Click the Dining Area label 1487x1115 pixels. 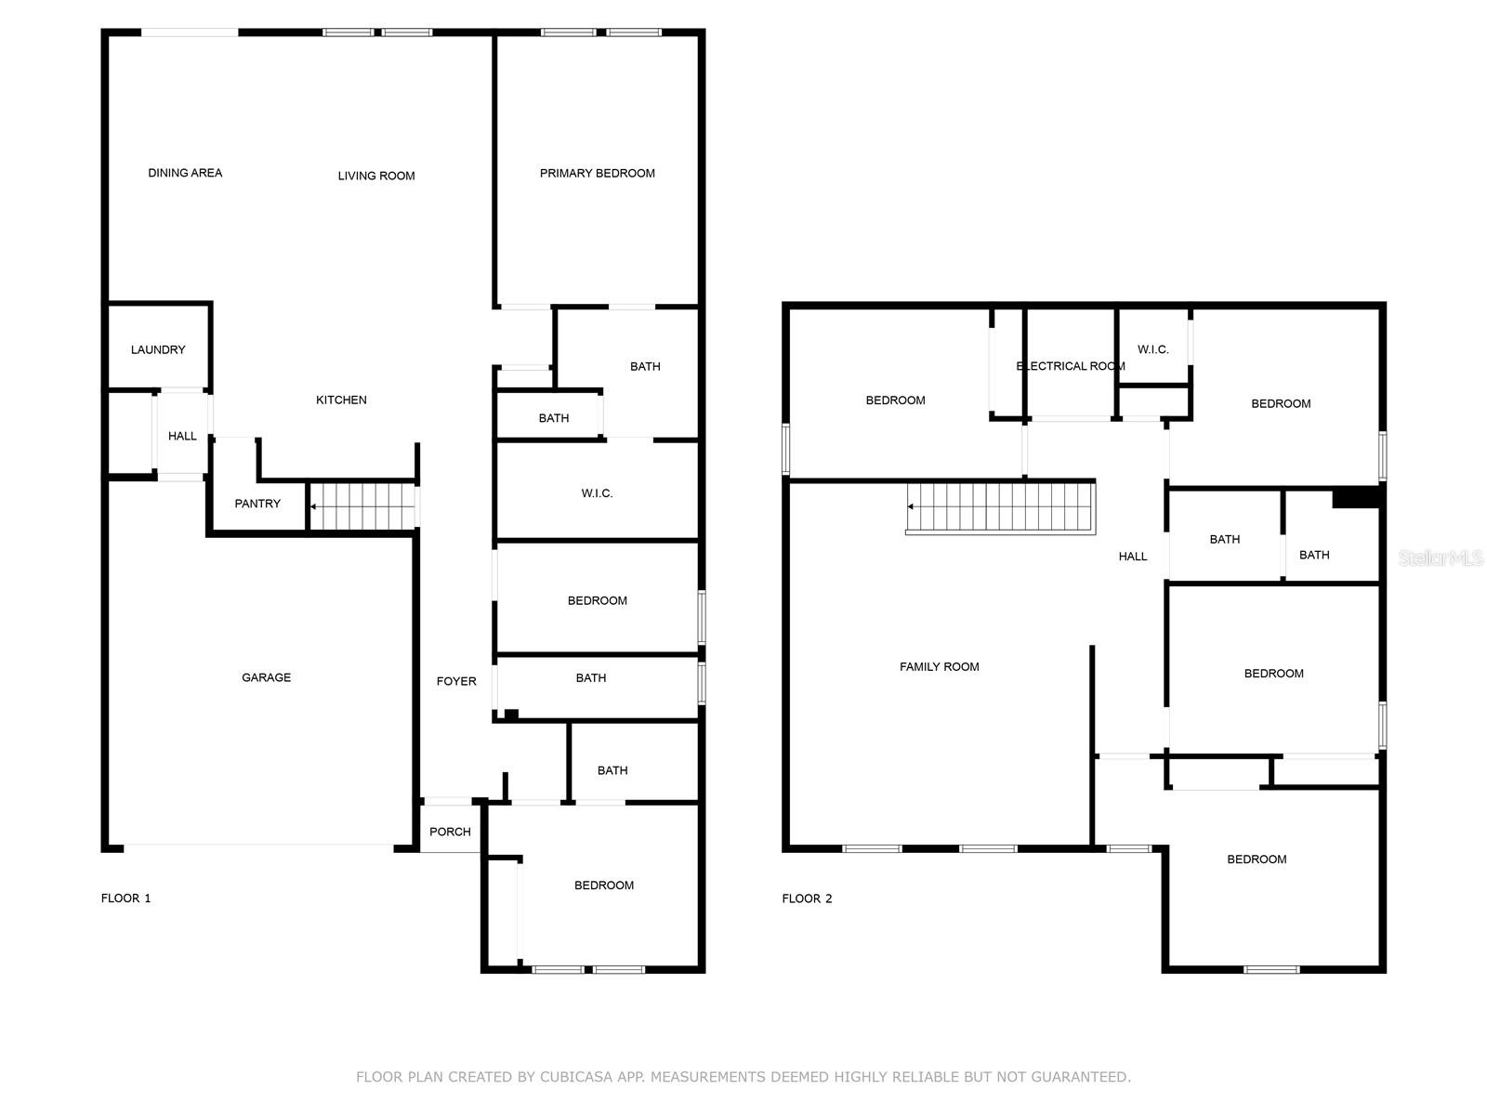pyautogui.click(x=185, y=173)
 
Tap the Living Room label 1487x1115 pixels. pyautogui.click(x=376, y=176)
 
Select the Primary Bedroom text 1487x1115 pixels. pyautogui.click(x=597, y=174)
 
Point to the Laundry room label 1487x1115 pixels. pyautogui.click(x=158, y=349)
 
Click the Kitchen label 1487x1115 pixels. pyautogui.click(x=341, y=400)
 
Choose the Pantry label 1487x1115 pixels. pyautogui.click(x=257, y=504)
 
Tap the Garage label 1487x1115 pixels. pyautogui.click(x=266, y=677)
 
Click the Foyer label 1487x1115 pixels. pyautogui.click(x=456, y=681)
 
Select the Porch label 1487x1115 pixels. pyautogui.click(x=450, y=832)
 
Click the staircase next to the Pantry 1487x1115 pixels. pyautogui.click(x=362, y=506)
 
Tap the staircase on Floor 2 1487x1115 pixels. pyautogui.click(x=1001, y=507)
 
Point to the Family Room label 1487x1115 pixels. pyautogui.click(x=939, y=667)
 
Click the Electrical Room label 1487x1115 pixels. pyautogui.click(x=1071, y=366)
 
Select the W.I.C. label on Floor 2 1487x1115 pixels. pyautogui.click(x=1153, y=349)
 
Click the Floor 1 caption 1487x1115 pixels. pyautogui.click(x=126, y=899)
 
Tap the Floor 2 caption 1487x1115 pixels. pyautogui.click(x=807, y=899)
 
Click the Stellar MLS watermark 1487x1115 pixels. pyautogui.click(x=1441, y=557)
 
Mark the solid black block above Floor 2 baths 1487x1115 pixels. pyautogui.click(x=1356, y=498)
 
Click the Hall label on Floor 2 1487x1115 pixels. pyautogui.click(x=1133, y=557)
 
